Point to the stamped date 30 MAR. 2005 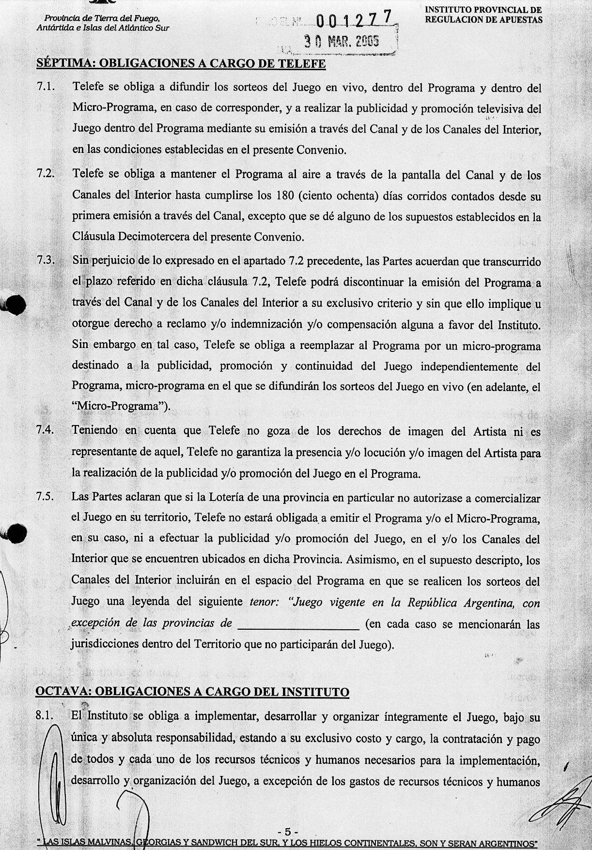(x=342, y=42)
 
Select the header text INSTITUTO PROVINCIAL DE (x=483, y=10)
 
